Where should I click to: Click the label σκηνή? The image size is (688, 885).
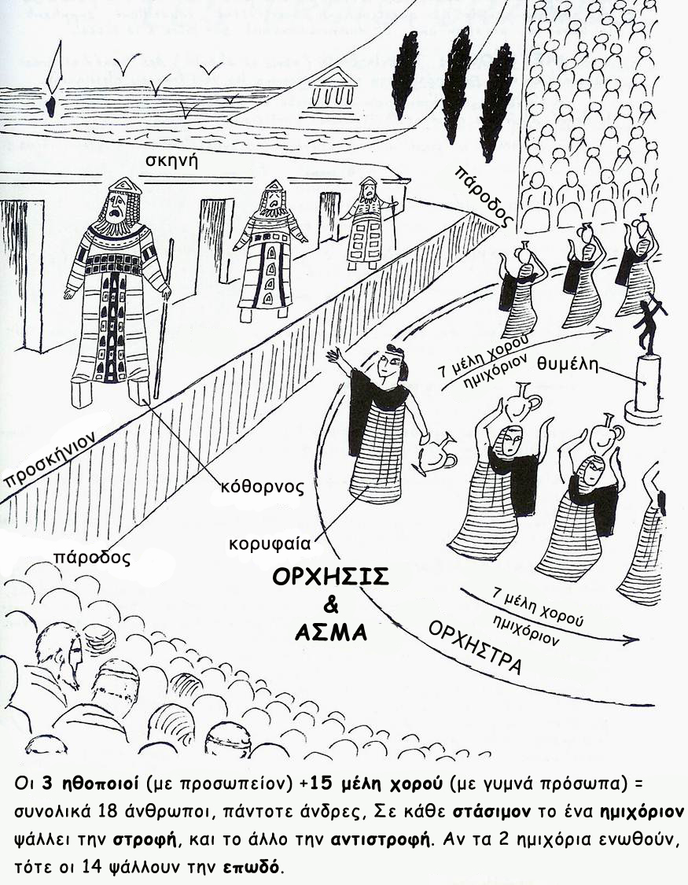pos(172,161)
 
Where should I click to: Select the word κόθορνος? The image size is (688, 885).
pos(263,485)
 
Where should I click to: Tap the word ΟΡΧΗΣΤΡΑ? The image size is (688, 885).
pos(475,647)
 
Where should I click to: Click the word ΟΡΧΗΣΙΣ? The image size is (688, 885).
pos(330,577)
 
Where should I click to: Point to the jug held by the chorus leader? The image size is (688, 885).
pos(437,455)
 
